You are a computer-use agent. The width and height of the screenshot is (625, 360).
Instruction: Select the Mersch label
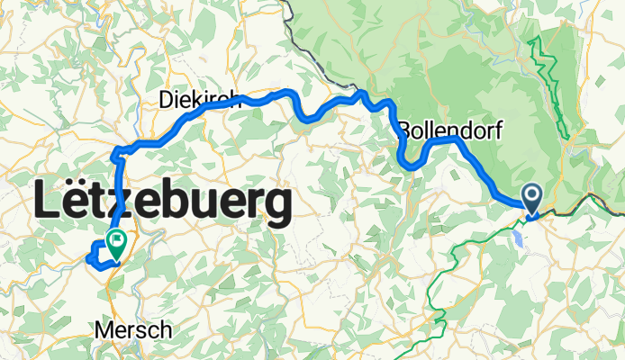pyautogui.click(x=132, y=330)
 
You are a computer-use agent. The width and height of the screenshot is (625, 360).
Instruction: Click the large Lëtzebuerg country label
pyautogui.click(x=163, y=204)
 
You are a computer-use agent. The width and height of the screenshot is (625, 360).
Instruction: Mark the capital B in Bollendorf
pyautogui.click(x=405, y=128)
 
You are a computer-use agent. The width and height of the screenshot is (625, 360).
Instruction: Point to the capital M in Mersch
pyautogui.click(x=102, y=330)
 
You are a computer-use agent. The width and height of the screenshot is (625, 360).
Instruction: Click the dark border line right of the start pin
pyautogui.click(x=585, y=210)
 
